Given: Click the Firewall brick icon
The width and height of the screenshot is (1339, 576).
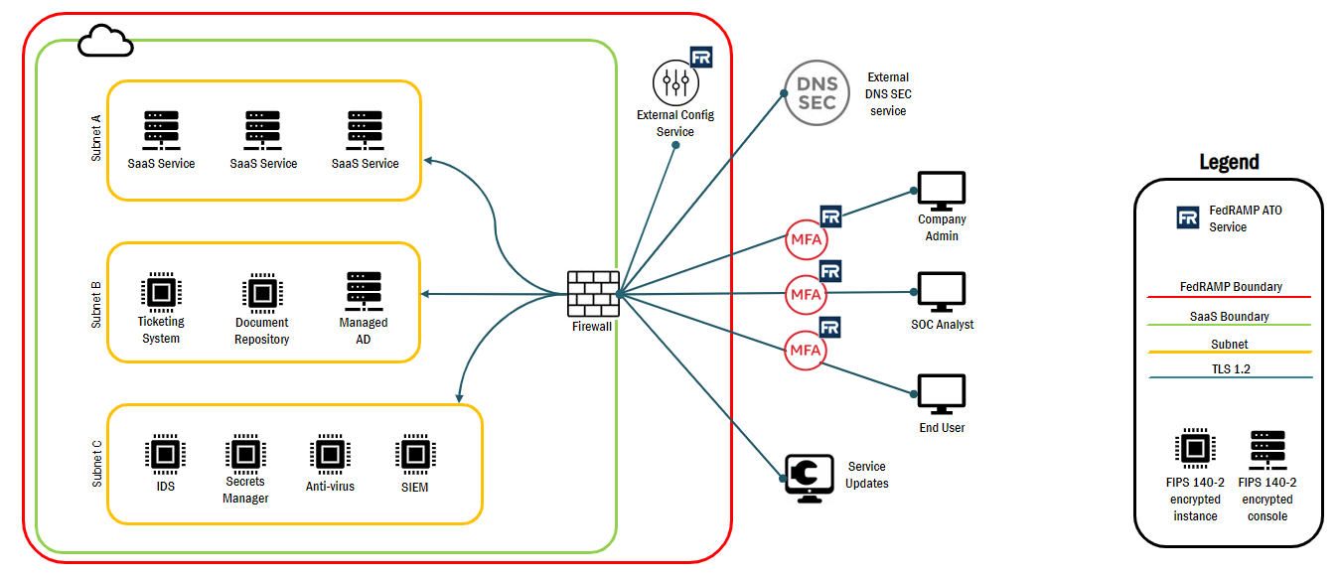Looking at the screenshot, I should click(x=593, y=294).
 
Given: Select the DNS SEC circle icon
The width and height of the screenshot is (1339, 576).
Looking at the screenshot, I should click(x=818, y=92).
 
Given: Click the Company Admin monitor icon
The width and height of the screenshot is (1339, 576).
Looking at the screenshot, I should click(x=941, y=191).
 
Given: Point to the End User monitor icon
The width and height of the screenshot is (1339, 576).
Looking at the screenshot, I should click(x=941, y=394).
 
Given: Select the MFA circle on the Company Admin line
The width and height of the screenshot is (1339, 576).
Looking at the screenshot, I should click(x=806, y=240).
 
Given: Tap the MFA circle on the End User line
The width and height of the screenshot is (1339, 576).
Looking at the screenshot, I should click(x=806, y=351).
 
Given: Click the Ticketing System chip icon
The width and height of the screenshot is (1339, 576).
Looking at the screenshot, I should click(x=161, y=293).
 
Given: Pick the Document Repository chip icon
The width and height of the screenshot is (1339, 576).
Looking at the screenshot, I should click(x=261, y=293).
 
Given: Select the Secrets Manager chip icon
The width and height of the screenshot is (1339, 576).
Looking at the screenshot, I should click(x=245, y=454).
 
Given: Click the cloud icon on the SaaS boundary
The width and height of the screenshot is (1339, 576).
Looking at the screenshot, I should click(x=105, y=42).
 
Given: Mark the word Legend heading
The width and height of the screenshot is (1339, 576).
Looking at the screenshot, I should click(x=1229, y=162).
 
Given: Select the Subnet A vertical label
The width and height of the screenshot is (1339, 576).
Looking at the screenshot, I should click(x=95, y=138).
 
